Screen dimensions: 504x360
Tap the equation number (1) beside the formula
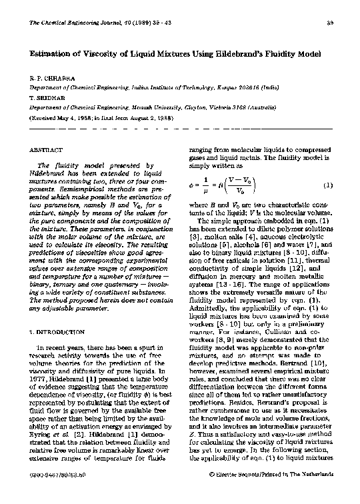point(327,184)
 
